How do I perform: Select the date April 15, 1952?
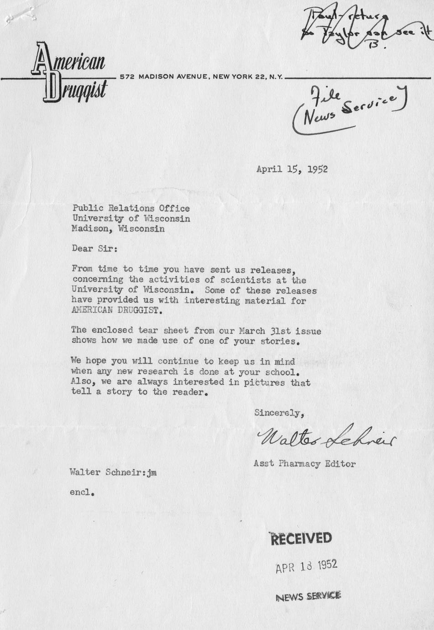[292, 169]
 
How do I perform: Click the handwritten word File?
[325, 96]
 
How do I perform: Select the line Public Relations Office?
[131, 208]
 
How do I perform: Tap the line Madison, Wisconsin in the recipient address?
[118, 229]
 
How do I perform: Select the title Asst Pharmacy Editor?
[304, 464]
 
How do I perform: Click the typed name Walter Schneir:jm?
[113, 472]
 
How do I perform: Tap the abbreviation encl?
[82, 493]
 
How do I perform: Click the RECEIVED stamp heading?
[301, 539]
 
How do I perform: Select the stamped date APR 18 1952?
[306, 567]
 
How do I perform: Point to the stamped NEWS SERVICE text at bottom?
[308, 596]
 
